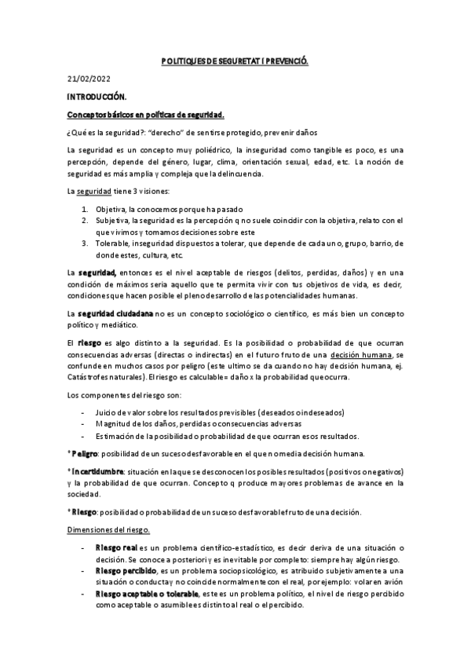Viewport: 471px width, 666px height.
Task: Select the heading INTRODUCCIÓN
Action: (97, 97)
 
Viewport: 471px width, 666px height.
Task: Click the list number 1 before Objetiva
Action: (85, 210)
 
